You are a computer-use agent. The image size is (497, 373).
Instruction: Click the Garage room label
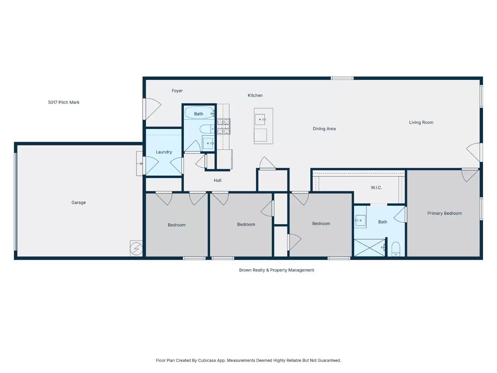(x=78, y=203)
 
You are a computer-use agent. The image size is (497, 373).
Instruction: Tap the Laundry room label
(x=164, y=152)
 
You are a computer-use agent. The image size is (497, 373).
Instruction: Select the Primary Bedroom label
(x=444, y=213)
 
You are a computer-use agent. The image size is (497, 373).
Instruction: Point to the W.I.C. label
(x=376, y=188)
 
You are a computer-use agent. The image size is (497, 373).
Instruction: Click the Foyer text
(x=177, y=91)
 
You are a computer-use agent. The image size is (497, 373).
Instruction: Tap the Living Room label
(x=421, y=122)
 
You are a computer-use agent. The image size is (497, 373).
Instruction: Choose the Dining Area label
(x=324, y=129)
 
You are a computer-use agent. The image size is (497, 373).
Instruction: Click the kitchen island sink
(x=260, y=119)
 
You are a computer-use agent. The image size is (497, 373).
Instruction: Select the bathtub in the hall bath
(x=199, y=113)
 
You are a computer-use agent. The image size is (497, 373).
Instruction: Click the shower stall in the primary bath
(x=369, y=248)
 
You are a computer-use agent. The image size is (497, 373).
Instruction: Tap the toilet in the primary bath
(x=396, y=249)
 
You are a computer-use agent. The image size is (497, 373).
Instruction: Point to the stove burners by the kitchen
(x=223, y=127)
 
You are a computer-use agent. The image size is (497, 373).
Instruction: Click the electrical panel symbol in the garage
(x=136, y=249)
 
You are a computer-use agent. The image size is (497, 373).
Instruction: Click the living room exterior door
(x=473, y=152)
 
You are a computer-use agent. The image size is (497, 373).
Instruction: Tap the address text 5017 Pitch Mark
(x=64, y=102)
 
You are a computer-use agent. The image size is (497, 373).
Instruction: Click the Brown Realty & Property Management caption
(x=276, y=270)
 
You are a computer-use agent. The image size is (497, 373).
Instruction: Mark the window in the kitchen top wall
(x=342, y=78)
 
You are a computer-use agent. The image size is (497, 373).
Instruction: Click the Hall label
(x=217, y=180)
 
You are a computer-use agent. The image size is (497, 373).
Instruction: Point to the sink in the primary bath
(x=360, y=221)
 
